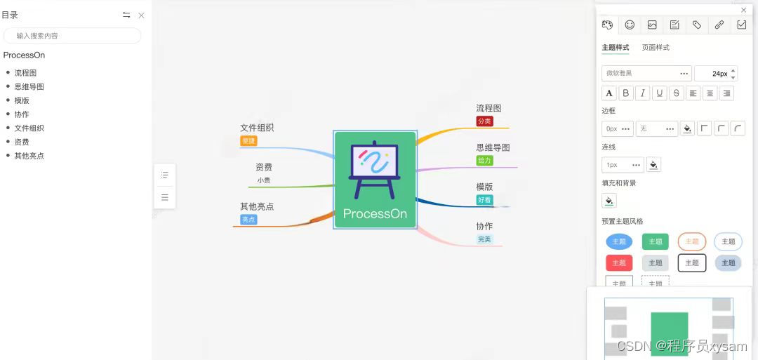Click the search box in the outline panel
point(72,36)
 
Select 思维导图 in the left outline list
point(29,86)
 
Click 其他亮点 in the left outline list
point(29,156)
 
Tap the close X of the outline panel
point(141,15)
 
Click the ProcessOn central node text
point(375,214)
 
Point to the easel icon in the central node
point(374,168)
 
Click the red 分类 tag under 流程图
point(484,121)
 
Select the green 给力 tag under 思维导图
point(484,161)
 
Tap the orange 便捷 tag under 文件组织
point(248,141)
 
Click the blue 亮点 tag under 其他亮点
point(248,220)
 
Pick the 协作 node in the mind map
point(484,226)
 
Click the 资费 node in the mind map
point(264,167)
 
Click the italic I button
point(642,93)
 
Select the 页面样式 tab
point(656,48)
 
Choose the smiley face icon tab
point(630,25)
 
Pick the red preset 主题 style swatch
point(618,262)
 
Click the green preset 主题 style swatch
point(655,241)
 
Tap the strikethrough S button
point(676,93)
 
